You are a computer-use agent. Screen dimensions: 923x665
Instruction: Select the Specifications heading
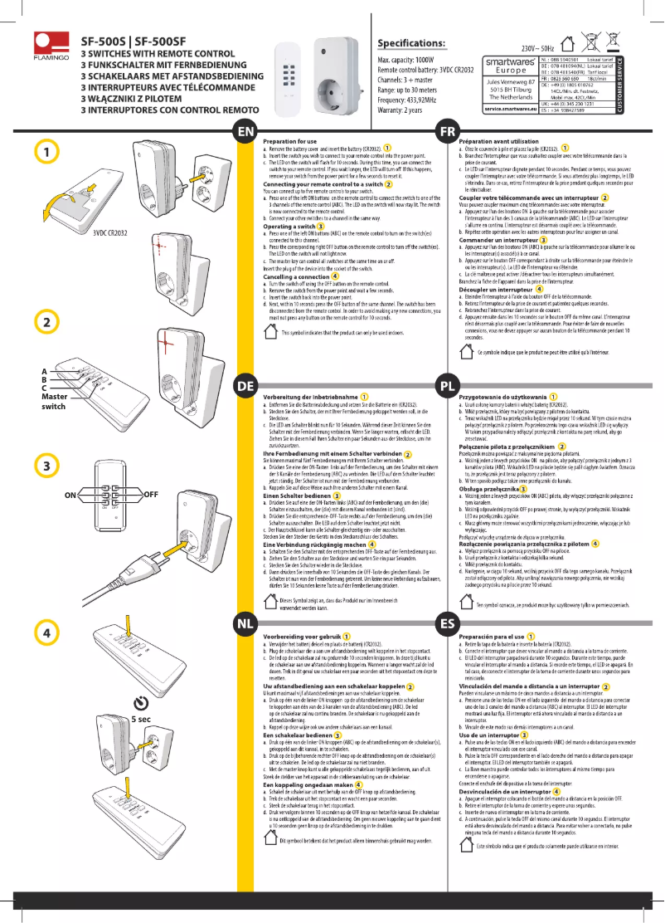click(411, 43)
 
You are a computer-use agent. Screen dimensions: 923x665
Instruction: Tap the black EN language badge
click(245, 132)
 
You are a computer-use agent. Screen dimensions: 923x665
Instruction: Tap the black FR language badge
click(448, 132)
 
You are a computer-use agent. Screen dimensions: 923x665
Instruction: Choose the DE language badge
click(245, 386)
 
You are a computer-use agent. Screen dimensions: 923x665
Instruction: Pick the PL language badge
click(448, 386)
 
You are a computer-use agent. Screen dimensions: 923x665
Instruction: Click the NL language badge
click(245, 623)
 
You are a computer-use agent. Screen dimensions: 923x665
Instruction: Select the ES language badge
click(448, 623)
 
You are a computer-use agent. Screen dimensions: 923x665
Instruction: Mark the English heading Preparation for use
click(291, 142)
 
